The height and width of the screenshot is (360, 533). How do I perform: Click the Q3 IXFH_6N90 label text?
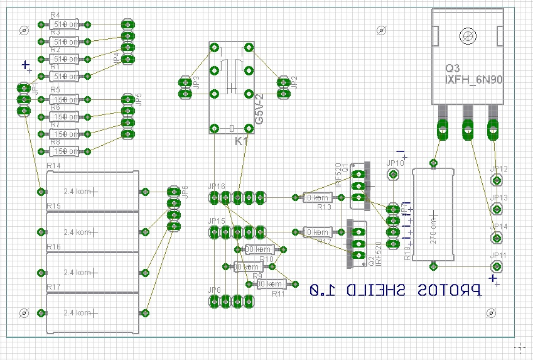pos(475,75)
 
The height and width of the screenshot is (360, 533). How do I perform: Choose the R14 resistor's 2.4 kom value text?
pos(78,192)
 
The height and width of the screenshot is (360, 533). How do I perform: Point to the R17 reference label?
pos(53,287)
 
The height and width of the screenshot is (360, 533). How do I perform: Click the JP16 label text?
pos(217,187)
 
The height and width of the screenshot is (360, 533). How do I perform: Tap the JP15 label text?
pos(217,221)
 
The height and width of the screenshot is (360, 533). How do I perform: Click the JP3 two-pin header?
pos(185,87)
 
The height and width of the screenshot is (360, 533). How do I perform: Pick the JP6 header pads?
pos(174,209)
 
